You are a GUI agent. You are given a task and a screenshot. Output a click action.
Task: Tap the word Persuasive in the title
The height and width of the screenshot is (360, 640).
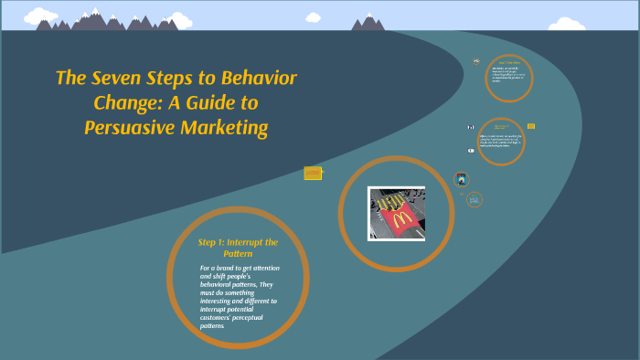coord(130,128)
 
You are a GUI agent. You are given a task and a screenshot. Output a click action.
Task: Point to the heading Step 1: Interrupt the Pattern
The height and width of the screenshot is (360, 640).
coord(238,247)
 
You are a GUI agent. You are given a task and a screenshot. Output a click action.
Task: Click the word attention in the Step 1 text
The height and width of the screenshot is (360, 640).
coord(261,268)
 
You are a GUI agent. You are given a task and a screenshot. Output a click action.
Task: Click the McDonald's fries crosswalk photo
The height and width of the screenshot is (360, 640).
coord(396,213)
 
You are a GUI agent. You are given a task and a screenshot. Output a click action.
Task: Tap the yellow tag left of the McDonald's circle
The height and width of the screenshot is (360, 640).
coord(313,173)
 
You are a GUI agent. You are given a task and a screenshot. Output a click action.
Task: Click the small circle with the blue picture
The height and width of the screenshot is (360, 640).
coord(462,179)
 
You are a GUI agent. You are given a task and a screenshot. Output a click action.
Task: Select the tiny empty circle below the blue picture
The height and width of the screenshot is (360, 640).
coord(475,199)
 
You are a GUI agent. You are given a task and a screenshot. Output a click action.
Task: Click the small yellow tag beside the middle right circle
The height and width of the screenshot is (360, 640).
coord(531,126)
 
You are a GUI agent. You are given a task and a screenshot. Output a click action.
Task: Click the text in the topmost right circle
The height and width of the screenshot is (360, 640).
coord(508,77)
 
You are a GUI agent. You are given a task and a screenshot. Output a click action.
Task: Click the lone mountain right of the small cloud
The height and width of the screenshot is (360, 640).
coord(368,22)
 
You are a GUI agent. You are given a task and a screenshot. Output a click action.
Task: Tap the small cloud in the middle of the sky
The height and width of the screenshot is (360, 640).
coord(314,16)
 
